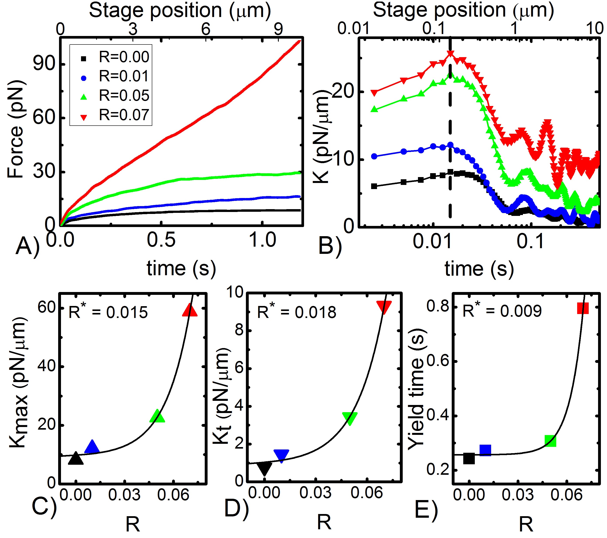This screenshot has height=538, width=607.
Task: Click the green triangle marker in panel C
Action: [157, 417]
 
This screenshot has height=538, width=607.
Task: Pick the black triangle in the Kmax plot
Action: [76, 459]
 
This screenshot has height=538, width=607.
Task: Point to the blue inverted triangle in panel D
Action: [281, 456]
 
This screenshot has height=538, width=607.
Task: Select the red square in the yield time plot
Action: [583, 308]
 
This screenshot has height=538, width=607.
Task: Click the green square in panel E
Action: [550, 441]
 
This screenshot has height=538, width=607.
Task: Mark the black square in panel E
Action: [469, 459]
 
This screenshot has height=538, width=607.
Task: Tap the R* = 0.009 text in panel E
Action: [502, 311]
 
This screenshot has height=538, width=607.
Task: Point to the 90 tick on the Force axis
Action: [45, 64]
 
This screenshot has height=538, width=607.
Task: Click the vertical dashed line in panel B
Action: [450, 134]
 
